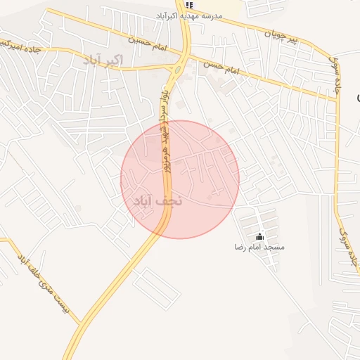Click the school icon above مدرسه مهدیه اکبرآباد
coord(188,5)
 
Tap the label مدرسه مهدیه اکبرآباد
coord(188,15)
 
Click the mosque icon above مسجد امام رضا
coord(260,237)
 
